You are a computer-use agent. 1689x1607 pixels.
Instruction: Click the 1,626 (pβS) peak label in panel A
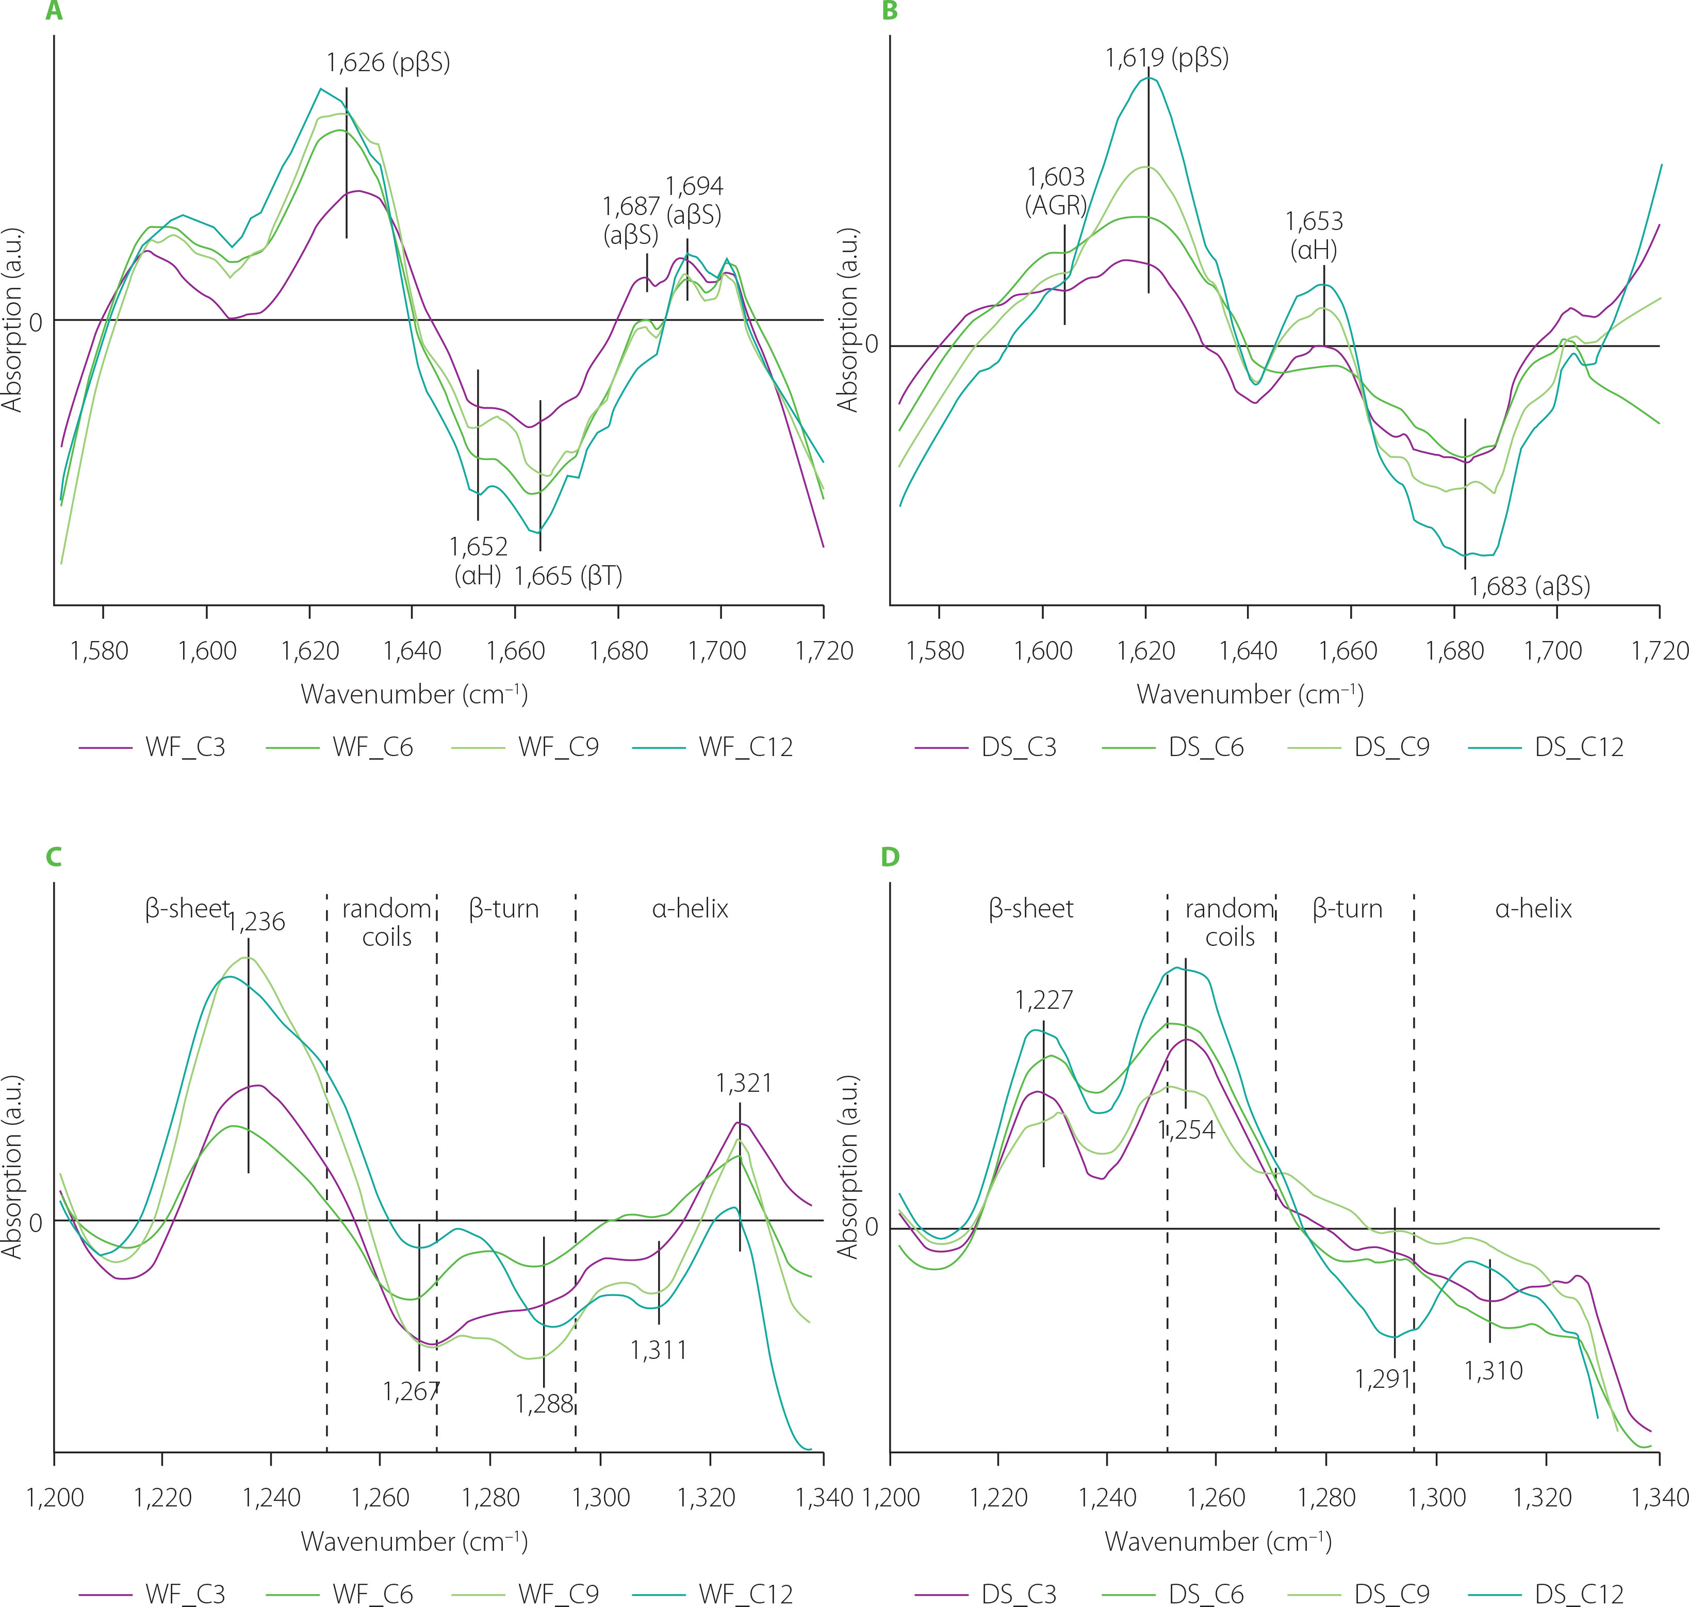(388, 62)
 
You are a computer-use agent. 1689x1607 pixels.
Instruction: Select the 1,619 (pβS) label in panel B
(1167, 58)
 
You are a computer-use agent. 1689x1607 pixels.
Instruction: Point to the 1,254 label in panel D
(1187, 1130)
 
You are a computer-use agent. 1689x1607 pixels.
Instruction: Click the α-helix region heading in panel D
(1533, 908)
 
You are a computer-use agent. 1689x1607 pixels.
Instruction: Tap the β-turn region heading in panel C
(504, 908)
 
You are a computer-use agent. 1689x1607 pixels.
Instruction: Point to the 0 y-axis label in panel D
(872, 1227)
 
